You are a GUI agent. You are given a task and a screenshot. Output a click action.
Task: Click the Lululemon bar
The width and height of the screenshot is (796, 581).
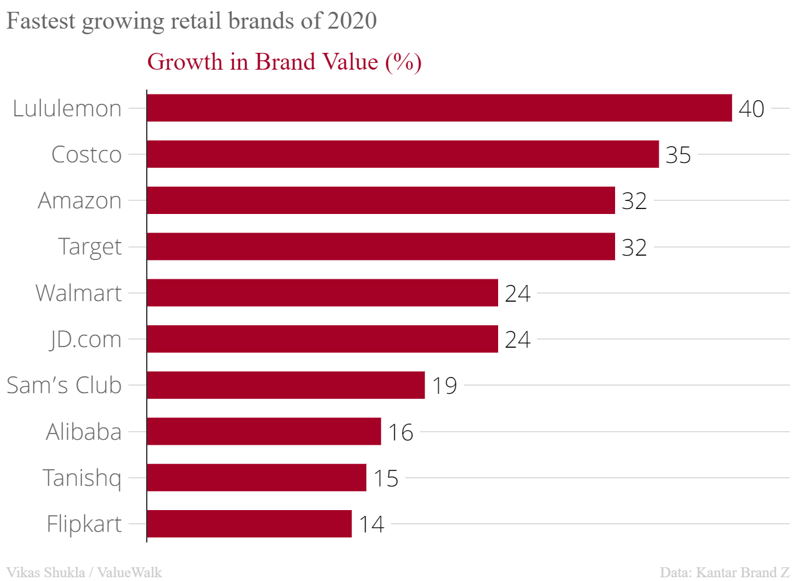[x=439, y=108]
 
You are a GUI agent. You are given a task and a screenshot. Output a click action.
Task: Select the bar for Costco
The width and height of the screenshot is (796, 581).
[x=402, y=154]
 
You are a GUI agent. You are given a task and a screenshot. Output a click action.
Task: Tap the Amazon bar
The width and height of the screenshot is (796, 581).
[x=381, y=200]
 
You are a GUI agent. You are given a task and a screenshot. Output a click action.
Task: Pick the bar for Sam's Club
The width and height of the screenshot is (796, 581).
[x=285, y=385]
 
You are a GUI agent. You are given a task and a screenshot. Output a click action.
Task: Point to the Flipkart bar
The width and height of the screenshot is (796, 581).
[x=249, y=524]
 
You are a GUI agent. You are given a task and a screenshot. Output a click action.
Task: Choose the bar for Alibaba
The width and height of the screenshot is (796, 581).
[x=264, y=431]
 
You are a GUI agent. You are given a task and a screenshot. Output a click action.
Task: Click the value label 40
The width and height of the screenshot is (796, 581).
[x=751, y=109]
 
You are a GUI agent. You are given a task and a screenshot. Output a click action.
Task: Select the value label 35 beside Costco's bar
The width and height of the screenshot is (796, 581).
[x=678, y=155]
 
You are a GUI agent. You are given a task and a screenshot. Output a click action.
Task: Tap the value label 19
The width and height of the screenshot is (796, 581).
[x=444, y=386]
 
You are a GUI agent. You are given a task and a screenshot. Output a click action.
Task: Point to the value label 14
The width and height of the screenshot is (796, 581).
[x=371, y=524]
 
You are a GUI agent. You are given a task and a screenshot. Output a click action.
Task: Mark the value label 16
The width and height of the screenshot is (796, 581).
[x=400, y=432]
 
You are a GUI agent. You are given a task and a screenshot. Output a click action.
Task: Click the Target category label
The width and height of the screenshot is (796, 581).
[x=90, y=247]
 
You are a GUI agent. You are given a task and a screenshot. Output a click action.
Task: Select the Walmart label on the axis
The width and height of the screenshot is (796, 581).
[x=78, y=293]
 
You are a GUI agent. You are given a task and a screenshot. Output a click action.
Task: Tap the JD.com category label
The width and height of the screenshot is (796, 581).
[x=86, y=340]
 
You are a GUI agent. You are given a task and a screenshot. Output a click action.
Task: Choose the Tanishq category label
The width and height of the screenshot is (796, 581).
[x=82, y=478]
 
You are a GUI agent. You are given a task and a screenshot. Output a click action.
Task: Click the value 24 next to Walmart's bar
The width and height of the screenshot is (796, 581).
[x=517, y=294]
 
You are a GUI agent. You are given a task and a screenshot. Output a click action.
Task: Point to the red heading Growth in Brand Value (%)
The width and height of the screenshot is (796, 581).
[x=284, y=62]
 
